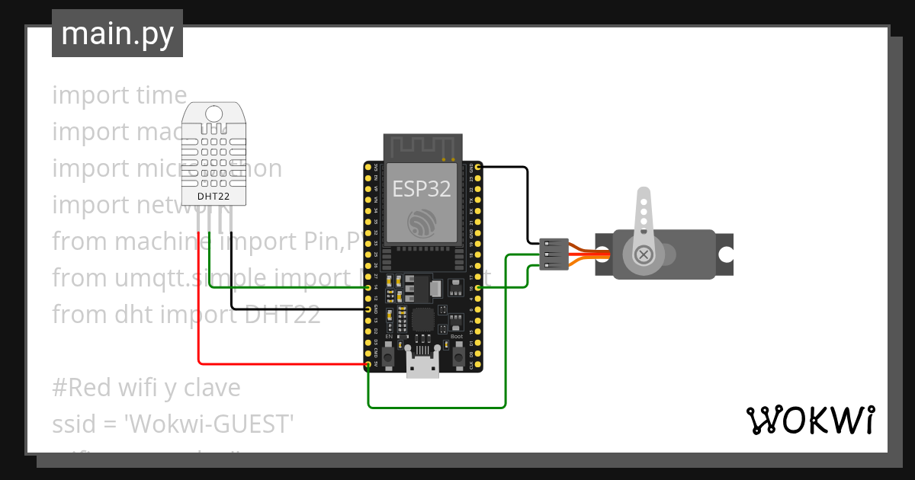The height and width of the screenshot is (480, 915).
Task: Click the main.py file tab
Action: pyautogui.click(x=117, y=34)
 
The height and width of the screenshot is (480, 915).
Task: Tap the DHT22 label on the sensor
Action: pyautogui.click(x=213, y=197)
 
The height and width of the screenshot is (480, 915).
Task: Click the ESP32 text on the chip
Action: pyautogui.click(x=422, y=188)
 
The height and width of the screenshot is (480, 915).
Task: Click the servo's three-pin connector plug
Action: pyautogui.click(x=554, y=254)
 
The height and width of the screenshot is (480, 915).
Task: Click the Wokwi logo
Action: pyautogui.click(x=810, y=420)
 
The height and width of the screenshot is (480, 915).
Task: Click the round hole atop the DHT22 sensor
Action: pyautogui.click(x=214, y=114)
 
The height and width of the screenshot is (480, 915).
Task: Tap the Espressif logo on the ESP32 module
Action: pyautogui.click(x=422, y=221)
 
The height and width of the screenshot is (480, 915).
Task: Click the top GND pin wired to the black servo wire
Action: pyautogui.click(x=477, y=167)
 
